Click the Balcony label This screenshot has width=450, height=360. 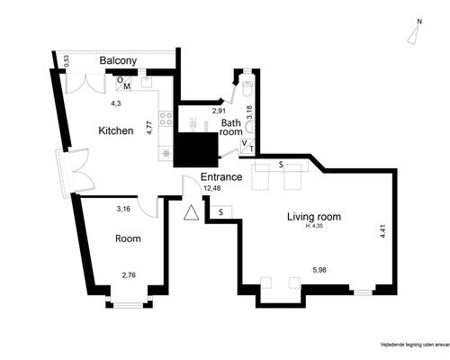pos(118,61)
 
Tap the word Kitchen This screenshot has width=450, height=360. pos(116,130)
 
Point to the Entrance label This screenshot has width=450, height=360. pos(221,176)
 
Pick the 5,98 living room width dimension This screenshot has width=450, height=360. pos(319,269)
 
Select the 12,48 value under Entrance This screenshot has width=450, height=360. pos(213,188)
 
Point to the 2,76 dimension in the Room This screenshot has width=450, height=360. pos(130,274)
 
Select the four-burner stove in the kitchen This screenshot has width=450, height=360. pos(166,117)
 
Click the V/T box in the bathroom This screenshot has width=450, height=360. pos(248,146)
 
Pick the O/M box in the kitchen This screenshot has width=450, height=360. pos(124,83)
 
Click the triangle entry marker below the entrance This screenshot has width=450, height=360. pos(191,213)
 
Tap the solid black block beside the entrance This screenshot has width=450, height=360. pos(196,148)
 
